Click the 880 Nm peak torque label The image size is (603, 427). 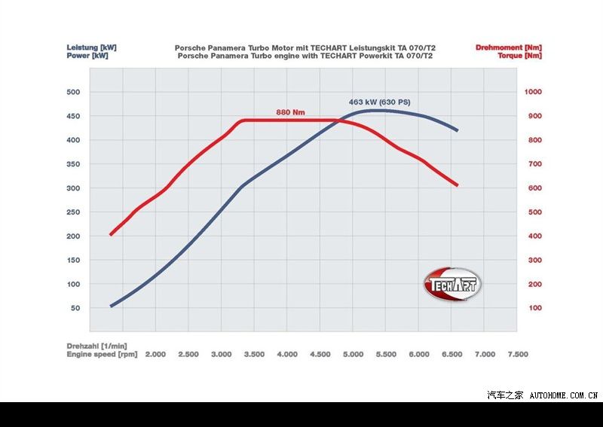tap(290, 112)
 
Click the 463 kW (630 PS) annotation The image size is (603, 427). tap(379, 102)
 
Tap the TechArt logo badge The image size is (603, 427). tap(452, 285)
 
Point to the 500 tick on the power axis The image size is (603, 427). tap(74, 92)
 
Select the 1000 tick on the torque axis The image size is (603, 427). tap(534, 92)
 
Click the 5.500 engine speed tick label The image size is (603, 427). tap(387, 354)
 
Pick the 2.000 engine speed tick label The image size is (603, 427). tap(155, 354)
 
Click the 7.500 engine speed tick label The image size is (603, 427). tap(518, 354)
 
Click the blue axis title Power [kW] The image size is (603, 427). tap(87, 55)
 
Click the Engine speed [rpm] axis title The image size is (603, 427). tap(102, 354)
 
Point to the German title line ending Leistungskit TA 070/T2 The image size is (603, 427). tap(305, 47)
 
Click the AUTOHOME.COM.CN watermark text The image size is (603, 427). tap(564, 395)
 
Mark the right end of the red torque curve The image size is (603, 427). tap(457, 185)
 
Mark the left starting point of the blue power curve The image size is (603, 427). tap(111, 307)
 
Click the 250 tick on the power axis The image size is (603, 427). tap(74, 212)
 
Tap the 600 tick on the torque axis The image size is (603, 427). tap(532, 188)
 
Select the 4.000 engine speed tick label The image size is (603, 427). tap(287, 354)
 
